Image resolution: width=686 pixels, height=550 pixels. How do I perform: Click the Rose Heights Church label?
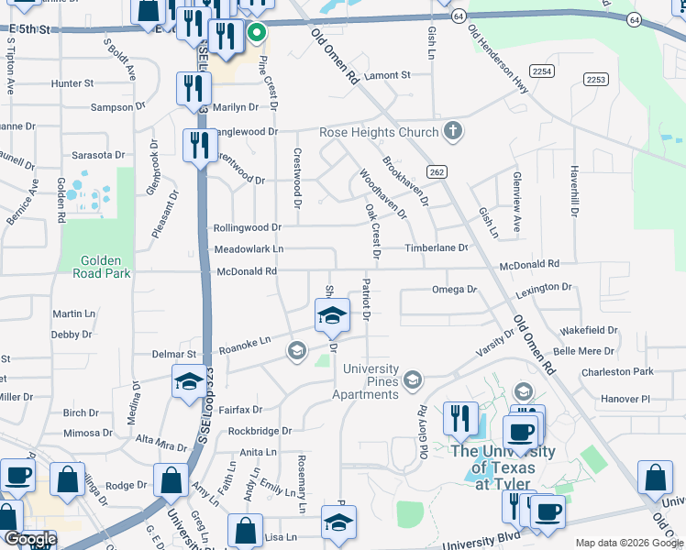[x=379, y=132]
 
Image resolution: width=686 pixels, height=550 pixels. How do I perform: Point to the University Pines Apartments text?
[x=371, y=381]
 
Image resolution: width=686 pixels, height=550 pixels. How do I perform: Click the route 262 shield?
[x=437, y=171]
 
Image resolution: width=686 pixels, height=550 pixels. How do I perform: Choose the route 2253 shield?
[x=596, y=80]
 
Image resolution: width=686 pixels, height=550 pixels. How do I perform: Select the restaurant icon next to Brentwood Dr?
[x=199, y=146]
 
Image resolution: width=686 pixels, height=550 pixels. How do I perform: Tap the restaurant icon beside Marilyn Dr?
[x=193, y=88]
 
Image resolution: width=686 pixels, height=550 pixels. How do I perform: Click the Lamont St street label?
[x=386, y=75]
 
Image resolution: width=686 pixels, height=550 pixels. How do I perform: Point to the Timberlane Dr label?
[x=437, y=247]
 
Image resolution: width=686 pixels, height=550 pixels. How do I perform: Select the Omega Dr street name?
[x=455, y=290]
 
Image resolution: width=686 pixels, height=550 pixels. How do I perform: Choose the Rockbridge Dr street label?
[x=260, y=430]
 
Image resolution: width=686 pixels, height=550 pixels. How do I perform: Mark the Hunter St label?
[x=72, y=82]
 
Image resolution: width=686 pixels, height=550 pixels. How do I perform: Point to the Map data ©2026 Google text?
[x=628, y=543]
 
